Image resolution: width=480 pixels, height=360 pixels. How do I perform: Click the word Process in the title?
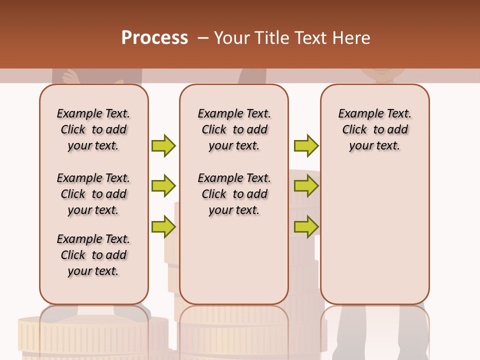click(154, 38)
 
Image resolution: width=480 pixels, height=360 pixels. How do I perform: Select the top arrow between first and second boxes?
click(163, 145)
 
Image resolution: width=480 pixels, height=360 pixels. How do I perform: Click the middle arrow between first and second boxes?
click(163, 186)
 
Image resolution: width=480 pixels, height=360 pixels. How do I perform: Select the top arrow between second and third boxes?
click(306, 145)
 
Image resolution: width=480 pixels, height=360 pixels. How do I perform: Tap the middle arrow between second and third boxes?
click(306, 186)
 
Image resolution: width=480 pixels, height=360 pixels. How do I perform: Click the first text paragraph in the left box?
click(93, 129)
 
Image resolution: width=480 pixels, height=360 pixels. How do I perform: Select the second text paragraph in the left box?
click(93, 194)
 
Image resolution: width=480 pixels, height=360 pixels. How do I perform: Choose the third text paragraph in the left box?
click(93, 255)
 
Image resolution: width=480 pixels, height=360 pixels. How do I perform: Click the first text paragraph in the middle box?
click(234, 129)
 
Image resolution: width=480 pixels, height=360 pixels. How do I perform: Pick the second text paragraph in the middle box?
click(234, 194)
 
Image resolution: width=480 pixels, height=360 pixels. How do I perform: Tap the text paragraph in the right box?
click(374, 129)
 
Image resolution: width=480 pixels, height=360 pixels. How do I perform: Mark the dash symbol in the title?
click(202, 38)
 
